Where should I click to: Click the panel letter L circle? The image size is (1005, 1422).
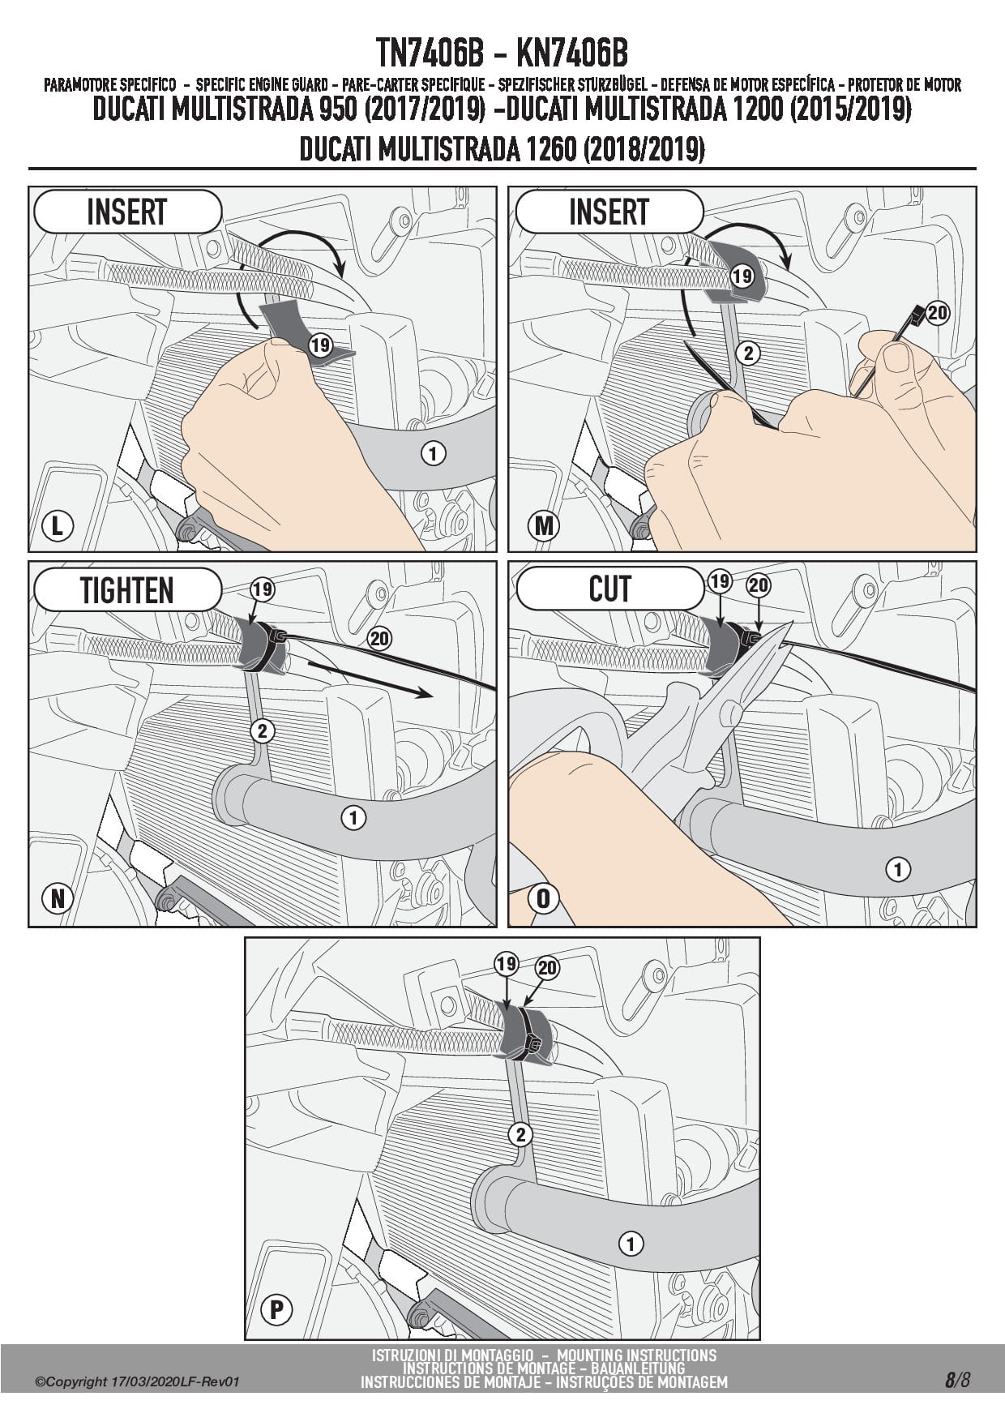click(x=57, y=526)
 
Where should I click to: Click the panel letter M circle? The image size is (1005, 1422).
click(x=543, y=526)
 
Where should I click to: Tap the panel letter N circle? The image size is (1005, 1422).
click(x=58, y=898)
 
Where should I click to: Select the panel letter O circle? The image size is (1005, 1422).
click(x=543, y=898)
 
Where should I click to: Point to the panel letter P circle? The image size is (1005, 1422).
click(x=276, y=1309)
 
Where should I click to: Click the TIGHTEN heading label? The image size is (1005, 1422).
click(x=126, y=590)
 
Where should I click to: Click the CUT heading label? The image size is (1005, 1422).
click(x=609, y=589)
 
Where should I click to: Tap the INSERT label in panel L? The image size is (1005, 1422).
click(x=126, y=212)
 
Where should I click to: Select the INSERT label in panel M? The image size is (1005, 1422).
click(x=609, y=212)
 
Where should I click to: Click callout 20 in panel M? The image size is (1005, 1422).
click(x=937, y=314)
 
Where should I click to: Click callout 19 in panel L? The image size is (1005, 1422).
click(x=320, y=346)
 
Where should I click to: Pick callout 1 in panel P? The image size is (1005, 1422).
click(x=630, y=1243)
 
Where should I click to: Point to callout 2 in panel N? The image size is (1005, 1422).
click(x=262, y=731)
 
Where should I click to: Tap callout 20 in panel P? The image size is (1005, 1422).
click(x=547, y=968)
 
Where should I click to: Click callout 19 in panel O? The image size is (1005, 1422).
click(x=720, y=581)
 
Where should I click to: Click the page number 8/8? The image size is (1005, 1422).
click(x=956, y=1380)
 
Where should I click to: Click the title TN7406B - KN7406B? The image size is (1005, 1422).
click(x=502, y=54)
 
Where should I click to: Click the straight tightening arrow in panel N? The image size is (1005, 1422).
click(x=369, y=679)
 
